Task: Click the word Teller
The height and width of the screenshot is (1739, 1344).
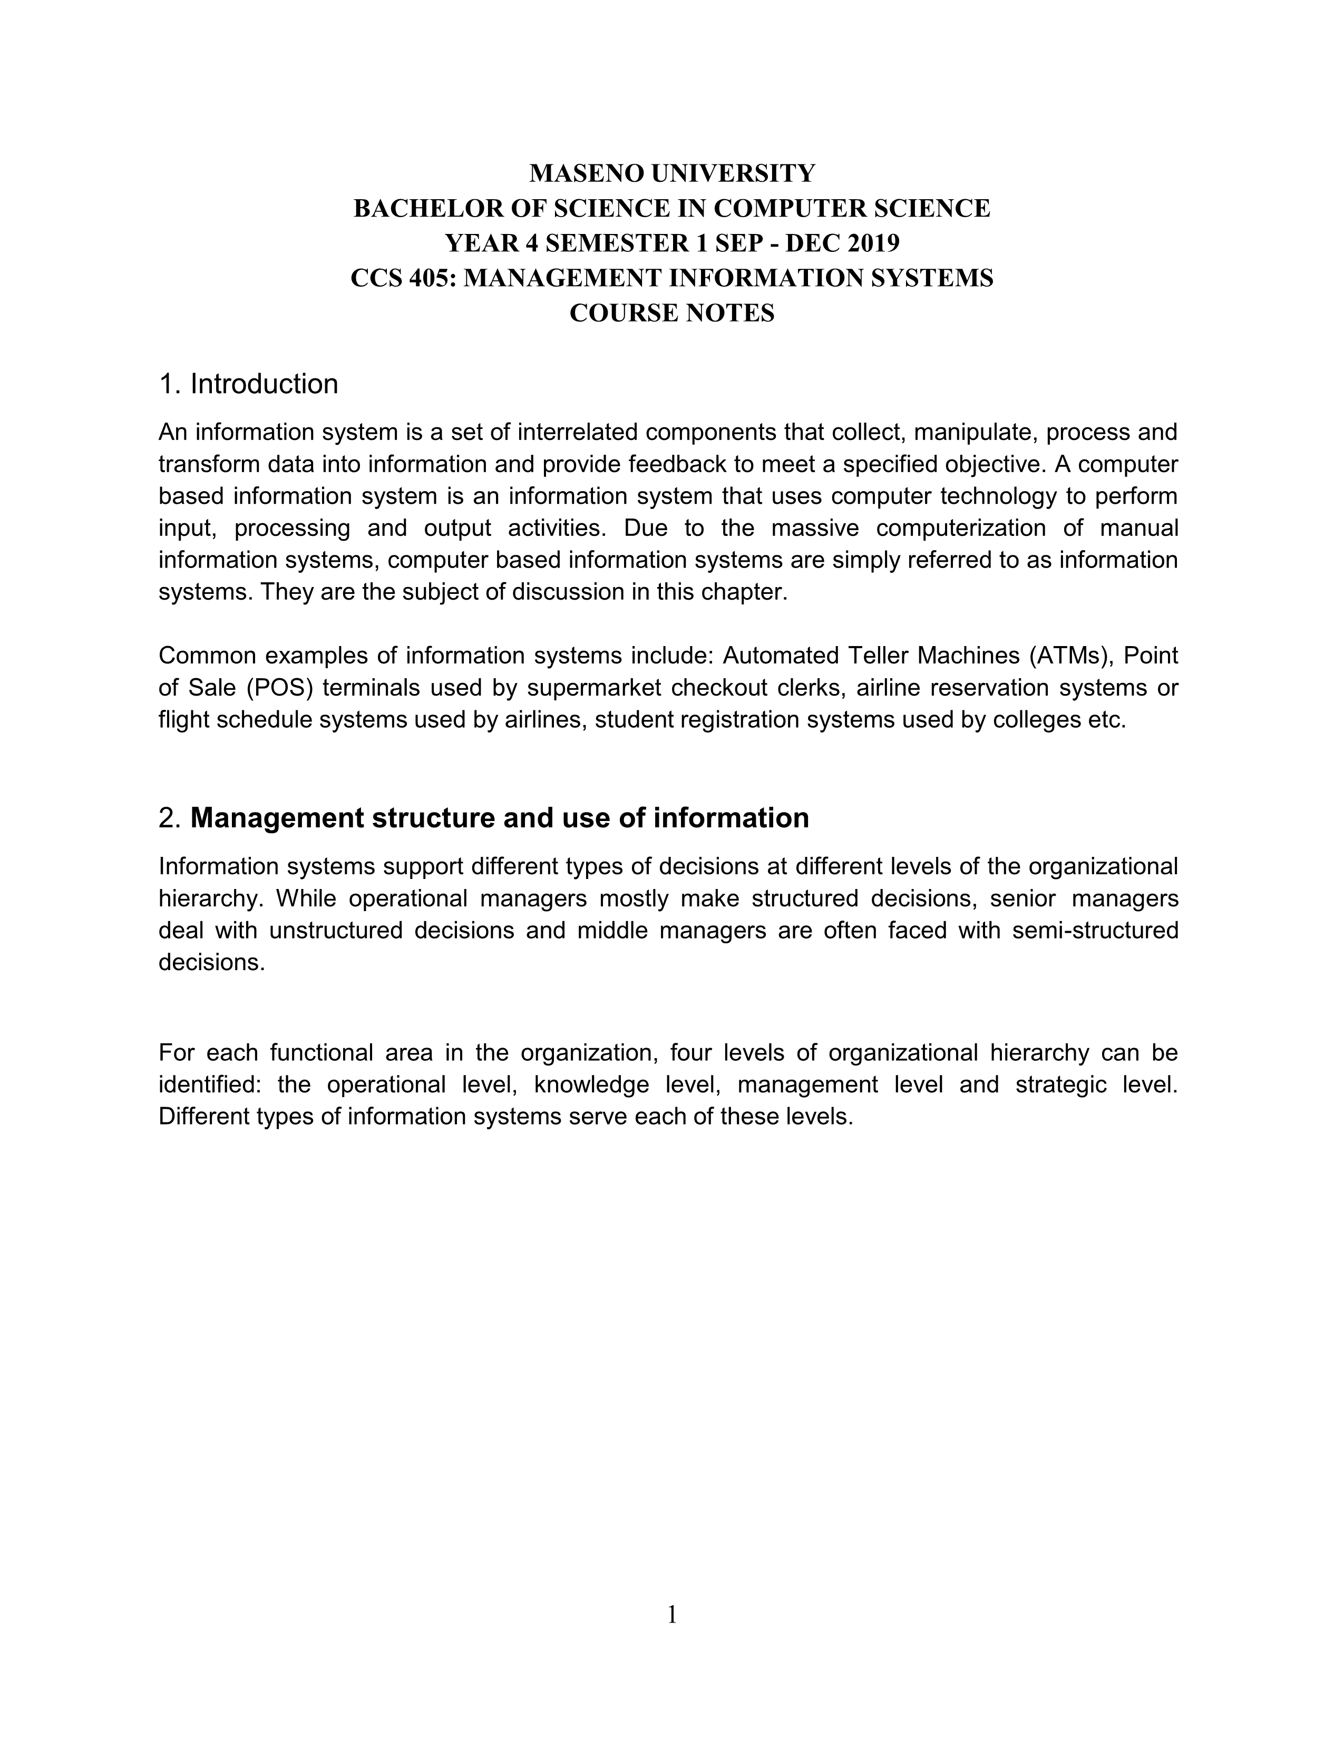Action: pyautogui.click(x=874, y=656)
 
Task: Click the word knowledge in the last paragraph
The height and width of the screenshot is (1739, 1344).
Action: pyautogui.click(x=588, y=1085)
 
